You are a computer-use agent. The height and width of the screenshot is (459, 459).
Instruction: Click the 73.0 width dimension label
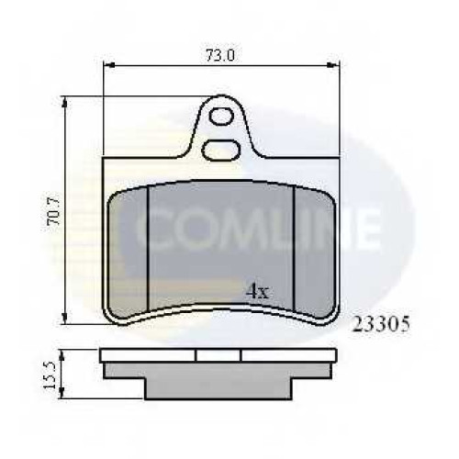(x=220, y=55)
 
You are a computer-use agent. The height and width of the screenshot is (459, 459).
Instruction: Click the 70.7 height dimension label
(x=53, y=211)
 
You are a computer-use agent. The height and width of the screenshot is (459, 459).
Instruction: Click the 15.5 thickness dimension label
(x=49, y=375)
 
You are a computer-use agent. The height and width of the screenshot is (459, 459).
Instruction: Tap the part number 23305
(x=381, y=324)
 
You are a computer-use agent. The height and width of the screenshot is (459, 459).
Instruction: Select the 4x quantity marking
(x=258, y=291)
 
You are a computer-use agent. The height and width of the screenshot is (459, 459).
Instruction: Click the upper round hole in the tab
(x=221, y=117)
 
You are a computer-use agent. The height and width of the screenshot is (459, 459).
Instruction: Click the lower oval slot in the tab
(x=221, y=151)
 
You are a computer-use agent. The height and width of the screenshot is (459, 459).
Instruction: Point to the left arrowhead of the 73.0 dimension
(x=109, y=65)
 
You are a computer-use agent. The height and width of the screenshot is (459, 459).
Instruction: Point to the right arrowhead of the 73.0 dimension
(x=332, y=65)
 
